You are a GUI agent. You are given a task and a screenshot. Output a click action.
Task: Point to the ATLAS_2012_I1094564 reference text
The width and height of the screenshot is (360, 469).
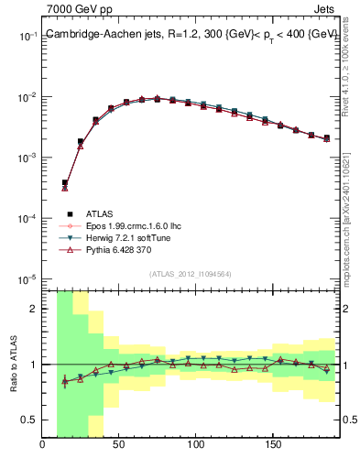click(191, 272)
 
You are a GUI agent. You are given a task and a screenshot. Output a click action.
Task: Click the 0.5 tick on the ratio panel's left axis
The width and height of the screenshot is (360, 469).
click(29, 420)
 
